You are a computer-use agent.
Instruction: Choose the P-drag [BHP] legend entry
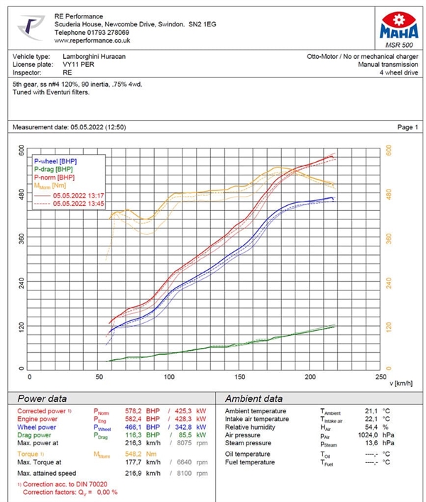53,170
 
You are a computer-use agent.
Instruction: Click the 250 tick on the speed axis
381,377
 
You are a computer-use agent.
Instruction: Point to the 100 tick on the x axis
170,377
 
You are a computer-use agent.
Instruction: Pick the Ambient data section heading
253,398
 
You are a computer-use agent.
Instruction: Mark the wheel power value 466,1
128,428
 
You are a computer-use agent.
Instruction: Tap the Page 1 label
408,127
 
